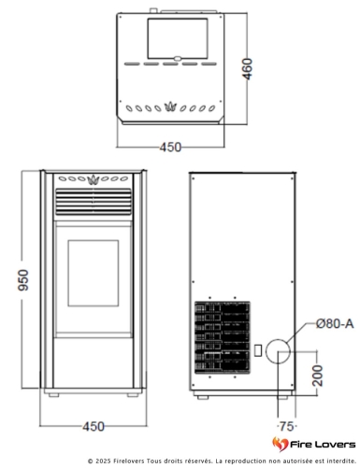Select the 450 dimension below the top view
169,147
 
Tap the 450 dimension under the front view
92,426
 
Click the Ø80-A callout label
334,323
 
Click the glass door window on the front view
94,274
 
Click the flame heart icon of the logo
280,443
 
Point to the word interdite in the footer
325,461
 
